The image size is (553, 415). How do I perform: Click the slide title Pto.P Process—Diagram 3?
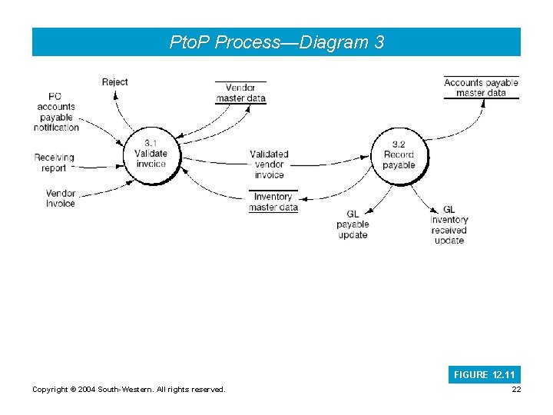point(276,42)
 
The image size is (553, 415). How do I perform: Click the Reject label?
point(114,82)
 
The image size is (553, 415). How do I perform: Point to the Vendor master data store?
point(240,92)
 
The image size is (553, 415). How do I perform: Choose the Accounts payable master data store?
point(481,88)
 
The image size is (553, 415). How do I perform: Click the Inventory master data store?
point(273,201)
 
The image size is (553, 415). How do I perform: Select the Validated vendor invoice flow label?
point(269,164)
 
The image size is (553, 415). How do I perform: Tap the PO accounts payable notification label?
point(57,111)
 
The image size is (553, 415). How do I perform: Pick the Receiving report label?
point(54,162)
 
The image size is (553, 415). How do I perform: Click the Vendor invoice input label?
point(60,198)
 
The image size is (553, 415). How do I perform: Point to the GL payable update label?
point(353,224)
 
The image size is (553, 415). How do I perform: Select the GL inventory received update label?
point(449,224)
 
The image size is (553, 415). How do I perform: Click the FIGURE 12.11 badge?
point(485,375)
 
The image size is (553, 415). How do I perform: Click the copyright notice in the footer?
point(129,390)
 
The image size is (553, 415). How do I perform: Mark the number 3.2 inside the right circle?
point(398,144)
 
